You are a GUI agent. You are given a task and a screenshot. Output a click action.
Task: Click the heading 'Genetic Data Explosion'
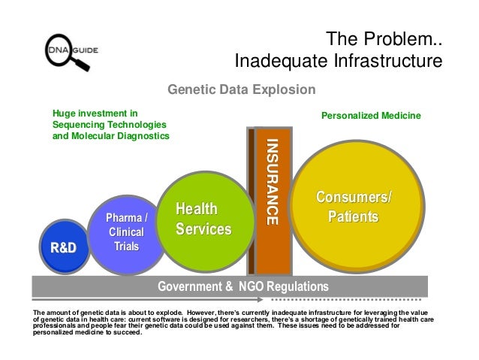pos(241,91)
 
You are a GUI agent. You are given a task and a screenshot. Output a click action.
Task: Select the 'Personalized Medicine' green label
pos(372,116)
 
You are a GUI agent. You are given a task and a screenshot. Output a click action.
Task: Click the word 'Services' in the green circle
pos(203,227)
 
